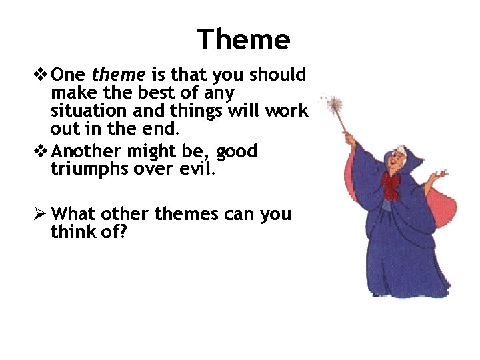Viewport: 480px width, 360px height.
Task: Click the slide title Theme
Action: coord(243,40)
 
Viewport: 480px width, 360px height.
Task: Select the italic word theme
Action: coord(120,74)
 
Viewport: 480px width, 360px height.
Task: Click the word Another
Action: coord(83,151)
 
